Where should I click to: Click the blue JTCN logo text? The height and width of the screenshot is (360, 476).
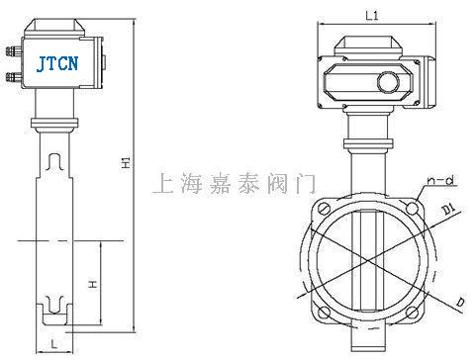(57, 63)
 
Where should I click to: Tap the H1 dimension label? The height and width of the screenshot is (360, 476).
(127, 162)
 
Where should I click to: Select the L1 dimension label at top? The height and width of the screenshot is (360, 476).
(372, 16)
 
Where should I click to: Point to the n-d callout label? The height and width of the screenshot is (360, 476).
(440, 180)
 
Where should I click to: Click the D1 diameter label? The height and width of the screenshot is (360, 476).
(448, 209)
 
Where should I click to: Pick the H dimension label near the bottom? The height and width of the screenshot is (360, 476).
(93, 284)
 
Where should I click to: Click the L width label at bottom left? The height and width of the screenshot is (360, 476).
(54, 344)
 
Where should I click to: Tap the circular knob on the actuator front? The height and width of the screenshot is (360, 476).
(388, 82)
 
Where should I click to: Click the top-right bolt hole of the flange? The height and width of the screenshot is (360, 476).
(413, 208)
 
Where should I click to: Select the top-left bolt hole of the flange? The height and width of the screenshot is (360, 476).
(324, 209)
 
